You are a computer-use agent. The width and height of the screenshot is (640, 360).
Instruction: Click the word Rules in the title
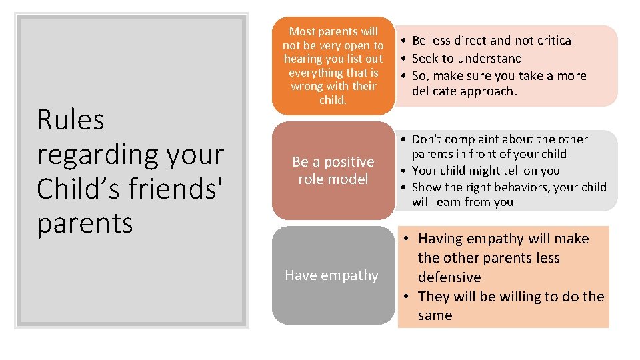pyautogui.click(x=71, y=120)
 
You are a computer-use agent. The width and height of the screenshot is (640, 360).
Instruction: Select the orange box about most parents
pyautogui.click(x=333, y=66)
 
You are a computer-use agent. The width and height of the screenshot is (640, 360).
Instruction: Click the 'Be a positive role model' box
pyautogui.click(x=333, y=171)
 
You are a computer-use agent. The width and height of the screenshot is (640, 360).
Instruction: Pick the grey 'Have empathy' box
pyautogui.click(x=333, y=275)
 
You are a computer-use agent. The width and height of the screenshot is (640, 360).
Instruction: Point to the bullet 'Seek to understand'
pyautogui.click(x=467, y=58)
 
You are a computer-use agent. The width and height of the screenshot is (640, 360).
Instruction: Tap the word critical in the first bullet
pyautogui.click(x=551, y=41)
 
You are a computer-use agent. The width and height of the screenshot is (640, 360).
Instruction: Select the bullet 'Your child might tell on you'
pyautogui.click(x=486, y=171)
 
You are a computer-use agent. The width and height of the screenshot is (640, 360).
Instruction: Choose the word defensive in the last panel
pyautogui.click(x=449, y=277)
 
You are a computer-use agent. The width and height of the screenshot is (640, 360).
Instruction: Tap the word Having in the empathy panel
pyautogui.click(x=442, y=239)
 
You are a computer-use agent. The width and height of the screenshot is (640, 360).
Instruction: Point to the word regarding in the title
pyautogui.click(x=93, y=155)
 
